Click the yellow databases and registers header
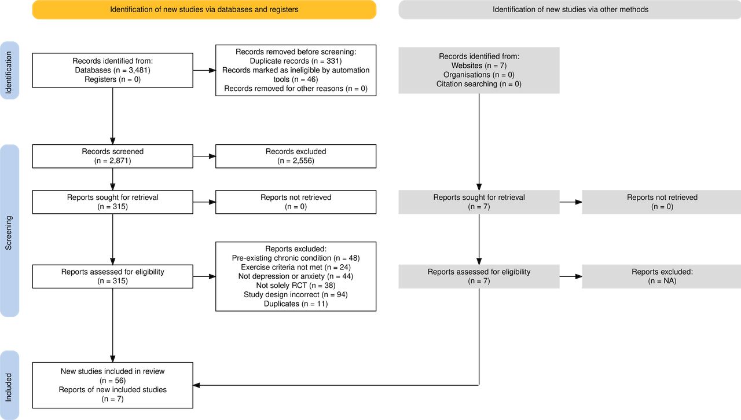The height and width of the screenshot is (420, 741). (x=204, y=10)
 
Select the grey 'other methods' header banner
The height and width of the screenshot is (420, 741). (x=570, y=10)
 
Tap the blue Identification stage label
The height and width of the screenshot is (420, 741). (x=9, y=70)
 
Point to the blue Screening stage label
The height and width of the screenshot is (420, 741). (x=9, y=231)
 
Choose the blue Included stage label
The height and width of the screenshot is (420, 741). (x=9, y=385)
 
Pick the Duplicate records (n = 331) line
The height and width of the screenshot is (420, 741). (x=296, y=61)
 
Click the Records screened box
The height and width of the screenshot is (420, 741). (x=112, y=156)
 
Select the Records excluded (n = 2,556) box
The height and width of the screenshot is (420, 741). (x=296, y=156)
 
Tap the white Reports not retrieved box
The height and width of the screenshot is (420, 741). (x=296, y=202)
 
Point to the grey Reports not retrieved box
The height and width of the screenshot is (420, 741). (x=662, y=202)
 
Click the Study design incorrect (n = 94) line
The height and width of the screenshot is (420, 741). (x=296, y=294)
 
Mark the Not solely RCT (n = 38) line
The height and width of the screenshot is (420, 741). (x=296, y=285)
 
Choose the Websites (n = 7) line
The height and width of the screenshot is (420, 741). (x=479, y=65)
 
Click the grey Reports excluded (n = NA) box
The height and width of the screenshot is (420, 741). (x=662, y=276)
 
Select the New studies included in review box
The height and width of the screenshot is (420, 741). (x=112, y=385)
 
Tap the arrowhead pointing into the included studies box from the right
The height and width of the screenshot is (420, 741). (x=196, y=385)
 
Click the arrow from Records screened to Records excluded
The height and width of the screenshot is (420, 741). (x=204, y=156)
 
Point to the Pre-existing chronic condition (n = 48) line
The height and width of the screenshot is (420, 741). (x=296, y=258)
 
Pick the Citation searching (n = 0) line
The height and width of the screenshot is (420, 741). (x=479, y=84)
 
